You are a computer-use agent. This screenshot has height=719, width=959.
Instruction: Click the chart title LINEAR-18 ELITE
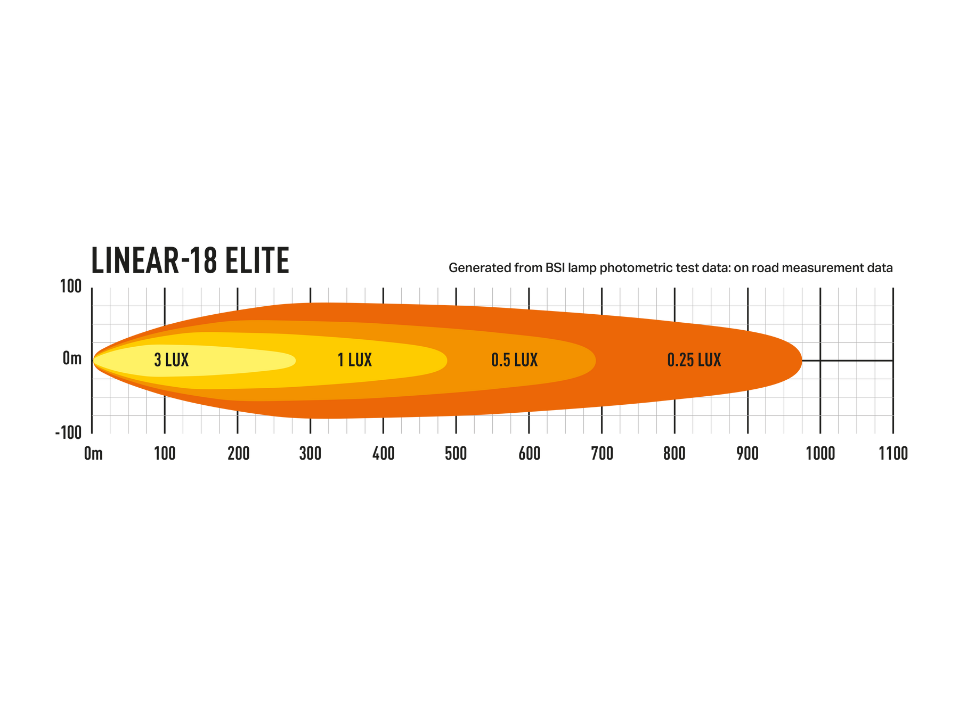pos(190,260)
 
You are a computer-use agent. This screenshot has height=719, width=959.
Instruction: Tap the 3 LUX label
pos(172,360)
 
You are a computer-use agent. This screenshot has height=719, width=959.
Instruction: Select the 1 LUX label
pos(355,360)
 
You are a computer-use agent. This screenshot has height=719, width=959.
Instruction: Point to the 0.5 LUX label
pos(514,360)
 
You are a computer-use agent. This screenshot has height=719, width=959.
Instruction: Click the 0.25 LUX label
pos(694,360)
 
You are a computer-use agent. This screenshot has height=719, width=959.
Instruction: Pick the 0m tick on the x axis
pos(93,454)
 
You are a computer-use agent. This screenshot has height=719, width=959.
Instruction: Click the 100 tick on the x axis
pos(165,454)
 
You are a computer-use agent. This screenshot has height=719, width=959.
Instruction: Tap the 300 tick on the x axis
pos(310,454)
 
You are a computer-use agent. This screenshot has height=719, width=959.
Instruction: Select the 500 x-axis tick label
pos(456,454)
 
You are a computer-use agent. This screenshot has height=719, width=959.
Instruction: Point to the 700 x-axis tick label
pos(602,454)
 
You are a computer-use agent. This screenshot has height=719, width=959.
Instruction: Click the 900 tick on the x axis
pos(747,454)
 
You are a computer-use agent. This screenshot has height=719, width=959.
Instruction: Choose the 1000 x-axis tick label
pos(820,454)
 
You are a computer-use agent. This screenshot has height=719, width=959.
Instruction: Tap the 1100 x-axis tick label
pos(893,454)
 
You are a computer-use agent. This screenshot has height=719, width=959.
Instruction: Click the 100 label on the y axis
pos(71,287)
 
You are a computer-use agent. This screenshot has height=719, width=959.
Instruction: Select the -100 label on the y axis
pos(69,432)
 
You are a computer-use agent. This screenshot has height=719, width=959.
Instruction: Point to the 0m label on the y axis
pos(72,358)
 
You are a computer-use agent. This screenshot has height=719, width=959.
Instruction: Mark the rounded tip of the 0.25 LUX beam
pos(802,361)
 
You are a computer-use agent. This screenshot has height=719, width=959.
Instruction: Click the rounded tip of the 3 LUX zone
pos(296,361)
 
